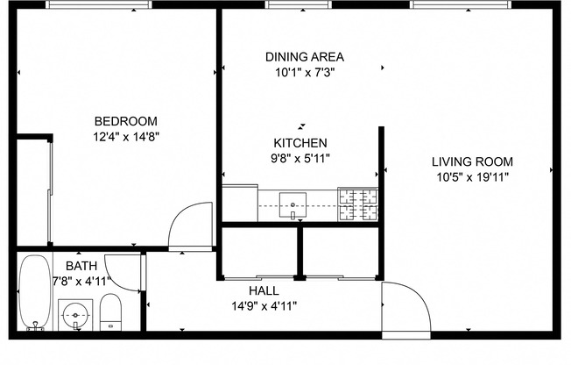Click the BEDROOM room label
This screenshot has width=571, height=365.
coord(125,121)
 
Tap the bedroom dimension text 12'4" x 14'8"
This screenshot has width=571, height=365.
coord(125,136)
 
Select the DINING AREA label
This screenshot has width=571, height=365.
coord(304,57)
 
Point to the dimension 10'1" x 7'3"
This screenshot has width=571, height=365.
coord(304,72)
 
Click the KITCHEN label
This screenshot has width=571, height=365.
coord(300,143)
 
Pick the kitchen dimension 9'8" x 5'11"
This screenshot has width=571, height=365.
coord(300,158)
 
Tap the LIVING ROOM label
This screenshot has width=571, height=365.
coord(472,161)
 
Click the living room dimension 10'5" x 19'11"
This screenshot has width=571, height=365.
coord(472,176)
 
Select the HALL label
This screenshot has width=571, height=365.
coord(264,290)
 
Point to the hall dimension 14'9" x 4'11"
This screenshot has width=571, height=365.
coord(264,305)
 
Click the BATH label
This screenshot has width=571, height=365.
coord(81,265)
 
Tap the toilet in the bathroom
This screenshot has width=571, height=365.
coord(110,313)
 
